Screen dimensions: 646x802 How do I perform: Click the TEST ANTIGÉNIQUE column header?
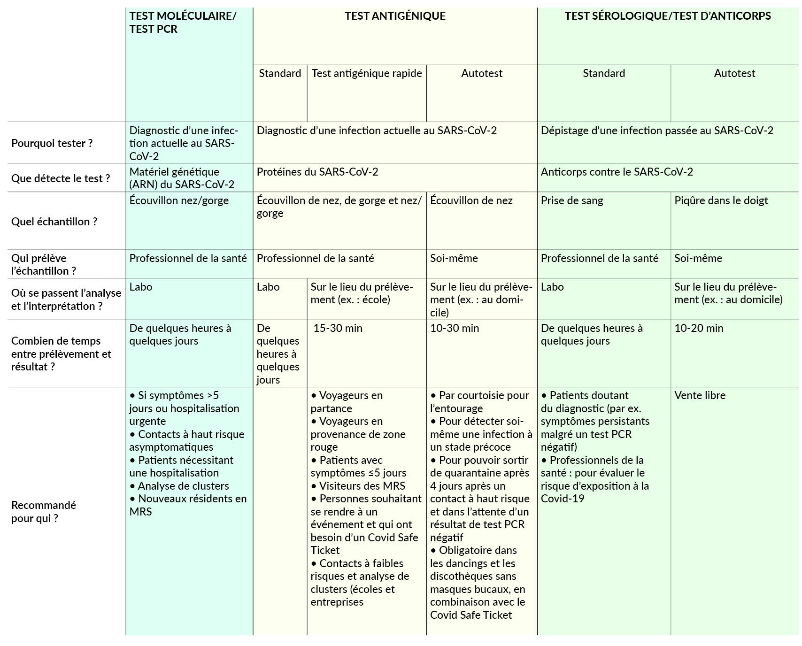[395, 16]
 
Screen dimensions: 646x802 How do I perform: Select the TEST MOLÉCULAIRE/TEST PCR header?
[183, 23]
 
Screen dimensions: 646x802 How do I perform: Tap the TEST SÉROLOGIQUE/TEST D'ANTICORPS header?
[667, 16]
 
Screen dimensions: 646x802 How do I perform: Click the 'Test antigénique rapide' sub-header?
[367, 73]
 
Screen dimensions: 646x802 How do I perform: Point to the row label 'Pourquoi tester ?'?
[52, 143]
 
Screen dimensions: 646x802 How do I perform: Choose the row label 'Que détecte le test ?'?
[61, 178]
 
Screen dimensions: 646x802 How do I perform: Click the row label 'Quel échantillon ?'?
[54, 222]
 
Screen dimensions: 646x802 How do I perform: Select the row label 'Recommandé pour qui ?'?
[43, 512]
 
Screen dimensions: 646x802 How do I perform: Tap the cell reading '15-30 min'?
[338, 328]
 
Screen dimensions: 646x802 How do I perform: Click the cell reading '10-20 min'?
[699, 328]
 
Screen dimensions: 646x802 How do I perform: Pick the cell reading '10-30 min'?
[455, 328]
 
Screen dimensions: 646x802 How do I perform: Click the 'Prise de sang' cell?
[572, 200]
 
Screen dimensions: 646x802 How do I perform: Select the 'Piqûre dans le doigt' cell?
[721, 200]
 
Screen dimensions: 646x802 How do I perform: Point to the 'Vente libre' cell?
[700, 395]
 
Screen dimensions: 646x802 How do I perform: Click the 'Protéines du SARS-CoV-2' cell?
[317, 172]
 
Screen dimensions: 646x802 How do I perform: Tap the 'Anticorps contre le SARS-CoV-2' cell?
[617, 172]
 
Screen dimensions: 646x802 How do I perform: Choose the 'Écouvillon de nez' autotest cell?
[471, 200]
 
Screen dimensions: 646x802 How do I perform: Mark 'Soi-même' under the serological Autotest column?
[698, 258]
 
